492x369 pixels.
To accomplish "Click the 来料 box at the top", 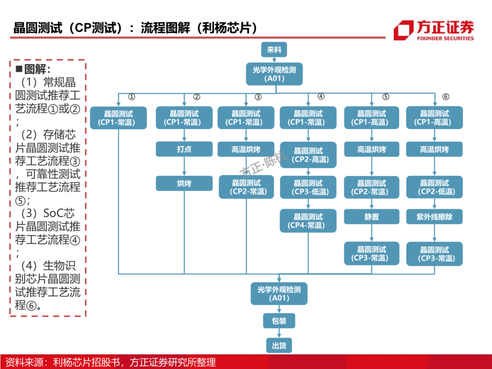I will tap(274, 50).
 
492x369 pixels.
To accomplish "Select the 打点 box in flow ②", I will tap(184, 149).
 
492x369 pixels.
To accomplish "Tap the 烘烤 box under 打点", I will tap(184, 183).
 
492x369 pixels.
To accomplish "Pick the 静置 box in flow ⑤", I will tap(372, 217).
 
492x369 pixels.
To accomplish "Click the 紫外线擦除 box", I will tap(435, 217).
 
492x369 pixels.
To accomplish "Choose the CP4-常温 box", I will tap(308, 221).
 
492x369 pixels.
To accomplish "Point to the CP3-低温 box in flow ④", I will tap(308, 187).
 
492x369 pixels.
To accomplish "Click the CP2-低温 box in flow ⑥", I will tap(435, 187).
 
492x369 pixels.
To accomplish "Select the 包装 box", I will tap(279, 321).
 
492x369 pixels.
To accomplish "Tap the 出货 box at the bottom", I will tap(279, 346).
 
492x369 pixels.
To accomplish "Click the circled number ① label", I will tap(131, 97).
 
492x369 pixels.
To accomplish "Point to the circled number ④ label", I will tap(321, 97).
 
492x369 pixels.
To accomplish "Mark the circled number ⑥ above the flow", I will tap(446, 97).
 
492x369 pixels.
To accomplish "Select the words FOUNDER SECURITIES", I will tap(445, 39).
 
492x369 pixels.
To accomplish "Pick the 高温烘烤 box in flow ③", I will tap(246, 149).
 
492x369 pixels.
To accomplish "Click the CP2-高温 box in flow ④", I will tap(308, 155).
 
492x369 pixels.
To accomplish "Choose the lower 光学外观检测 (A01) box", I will tap(279, 294).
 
